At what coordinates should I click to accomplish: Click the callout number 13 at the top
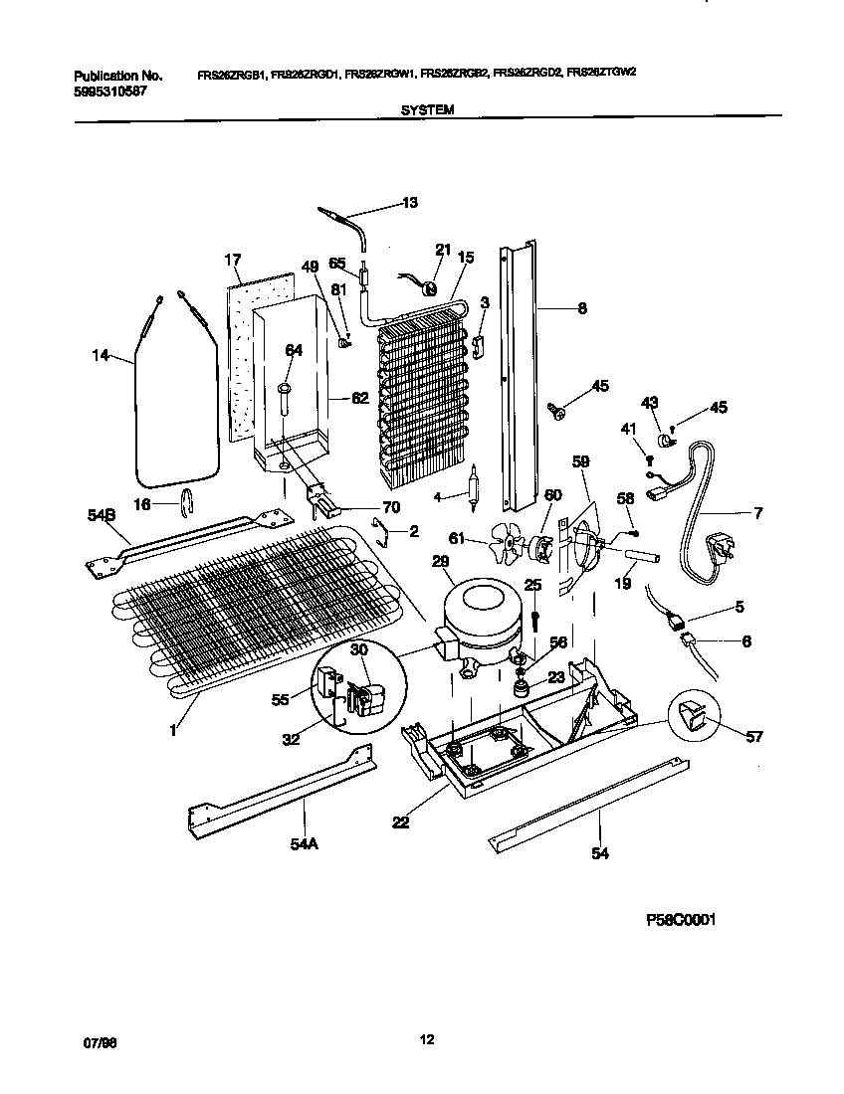point(409,203)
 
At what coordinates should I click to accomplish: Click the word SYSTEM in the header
point(428,111)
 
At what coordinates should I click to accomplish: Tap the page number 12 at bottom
point(426,1040)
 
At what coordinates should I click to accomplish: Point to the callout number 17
point(233,261)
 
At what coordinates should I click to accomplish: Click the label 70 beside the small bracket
point(391,507)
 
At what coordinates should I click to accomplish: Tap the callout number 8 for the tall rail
point(581,308)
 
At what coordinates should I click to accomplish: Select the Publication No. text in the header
point(117,75)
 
